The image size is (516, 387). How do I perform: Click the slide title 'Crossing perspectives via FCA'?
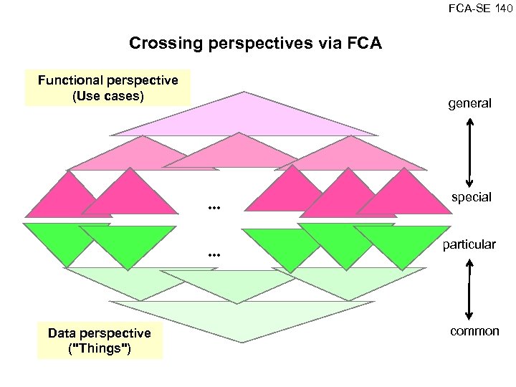(255, 44)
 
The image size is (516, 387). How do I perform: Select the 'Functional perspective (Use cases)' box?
(108, 87)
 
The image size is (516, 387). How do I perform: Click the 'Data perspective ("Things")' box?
(99, 341)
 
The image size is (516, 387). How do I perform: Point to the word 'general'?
(469, 103)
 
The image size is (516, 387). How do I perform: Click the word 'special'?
(471, 197)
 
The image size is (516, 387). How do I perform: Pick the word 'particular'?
(469, 244)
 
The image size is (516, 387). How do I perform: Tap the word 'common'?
(474, 331)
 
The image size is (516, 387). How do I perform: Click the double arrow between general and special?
(469, 150)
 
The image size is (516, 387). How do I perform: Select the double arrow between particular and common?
(468, 288)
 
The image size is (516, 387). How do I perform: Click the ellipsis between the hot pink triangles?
(212, 208)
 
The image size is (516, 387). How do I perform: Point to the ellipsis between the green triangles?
(212, 254)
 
